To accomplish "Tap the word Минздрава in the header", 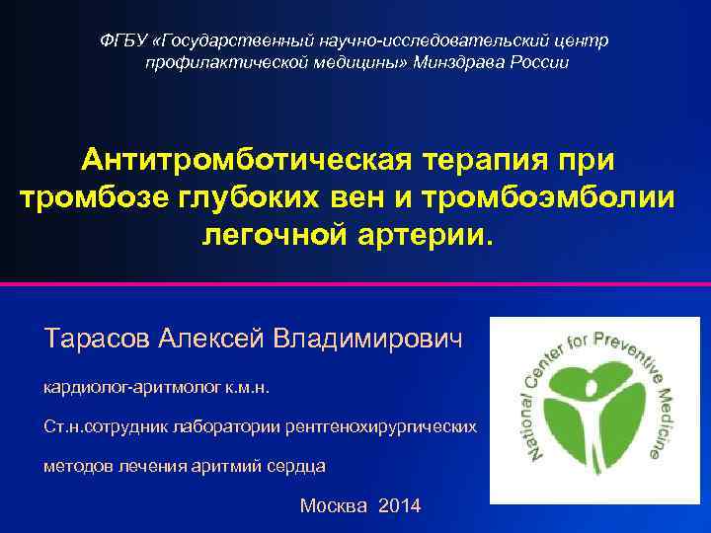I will [x=449, y=62].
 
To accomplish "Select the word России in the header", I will [x=542, y=62].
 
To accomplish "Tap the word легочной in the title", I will [x=277, y=235].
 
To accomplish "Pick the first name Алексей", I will [x=210, y=339].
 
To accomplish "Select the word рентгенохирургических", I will [x=395, y=426].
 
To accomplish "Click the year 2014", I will [x=399, y=506].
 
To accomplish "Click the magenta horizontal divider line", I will [x=355, y=285].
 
